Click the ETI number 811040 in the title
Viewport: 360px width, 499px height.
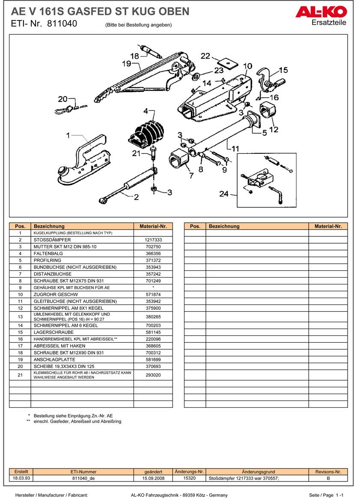(62, 24)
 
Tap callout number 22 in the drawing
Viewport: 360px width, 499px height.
(205, 56)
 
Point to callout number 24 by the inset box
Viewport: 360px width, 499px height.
(224, 194)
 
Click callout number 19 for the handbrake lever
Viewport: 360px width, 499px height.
(126, 64)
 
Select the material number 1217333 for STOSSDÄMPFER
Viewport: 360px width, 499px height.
(153, 240)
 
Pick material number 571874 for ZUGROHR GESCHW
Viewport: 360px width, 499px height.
(153, 295)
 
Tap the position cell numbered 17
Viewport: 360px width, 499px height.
(20, 346)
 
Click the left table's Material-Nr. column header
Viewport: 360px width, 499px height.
(153, 226)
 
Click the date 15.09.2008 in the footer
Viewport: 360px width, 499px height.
(154, 478)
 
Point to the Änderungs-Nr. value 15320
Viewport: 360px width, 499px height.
(189, 478)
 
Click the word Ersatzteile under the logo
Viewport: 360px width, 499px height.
(329, 23)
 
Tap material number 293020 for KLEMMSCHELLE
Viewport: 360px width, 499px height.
(153, 375)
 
